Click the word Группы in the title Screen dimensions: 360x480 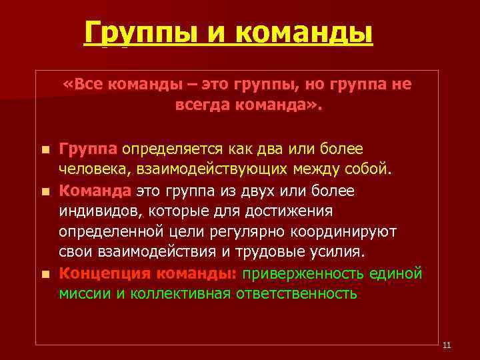(132, 32)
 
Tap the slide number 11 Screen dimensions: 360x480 (447, 345)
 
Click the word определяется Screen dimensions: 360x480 (172, 149)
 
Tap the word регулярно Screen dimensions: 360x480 (249, 231)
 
